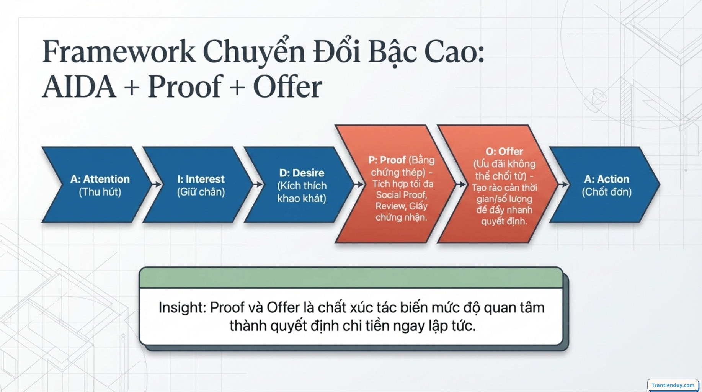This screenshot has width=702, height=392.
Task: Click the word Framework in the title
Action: coord(119,51)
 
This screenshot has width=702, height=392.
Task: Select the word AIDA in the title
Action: coord(79,87)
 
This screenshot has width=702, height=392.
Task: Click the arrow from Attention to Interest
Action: coord(156,185)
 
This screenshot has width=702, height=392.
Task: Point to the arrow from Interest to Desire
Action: coord(258,185)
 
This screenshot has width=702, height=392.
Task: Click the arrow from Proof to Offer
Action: coord(461,185)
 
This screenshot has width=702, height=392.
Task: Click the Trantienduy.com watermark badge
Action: coord(673,385)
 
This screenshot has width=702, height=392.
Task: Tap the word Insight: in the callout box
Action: coord(182,307)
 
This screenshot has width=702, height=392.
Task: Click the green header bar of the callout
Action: coord(351,278)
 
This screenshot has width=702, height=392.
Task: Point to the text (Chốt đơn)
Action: coord(606,192)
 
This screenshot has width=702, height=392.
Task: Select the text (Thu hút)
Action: coord(100,192)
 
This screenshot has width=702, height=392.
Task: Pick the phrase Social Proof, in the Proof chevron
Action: coord(401,195)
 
